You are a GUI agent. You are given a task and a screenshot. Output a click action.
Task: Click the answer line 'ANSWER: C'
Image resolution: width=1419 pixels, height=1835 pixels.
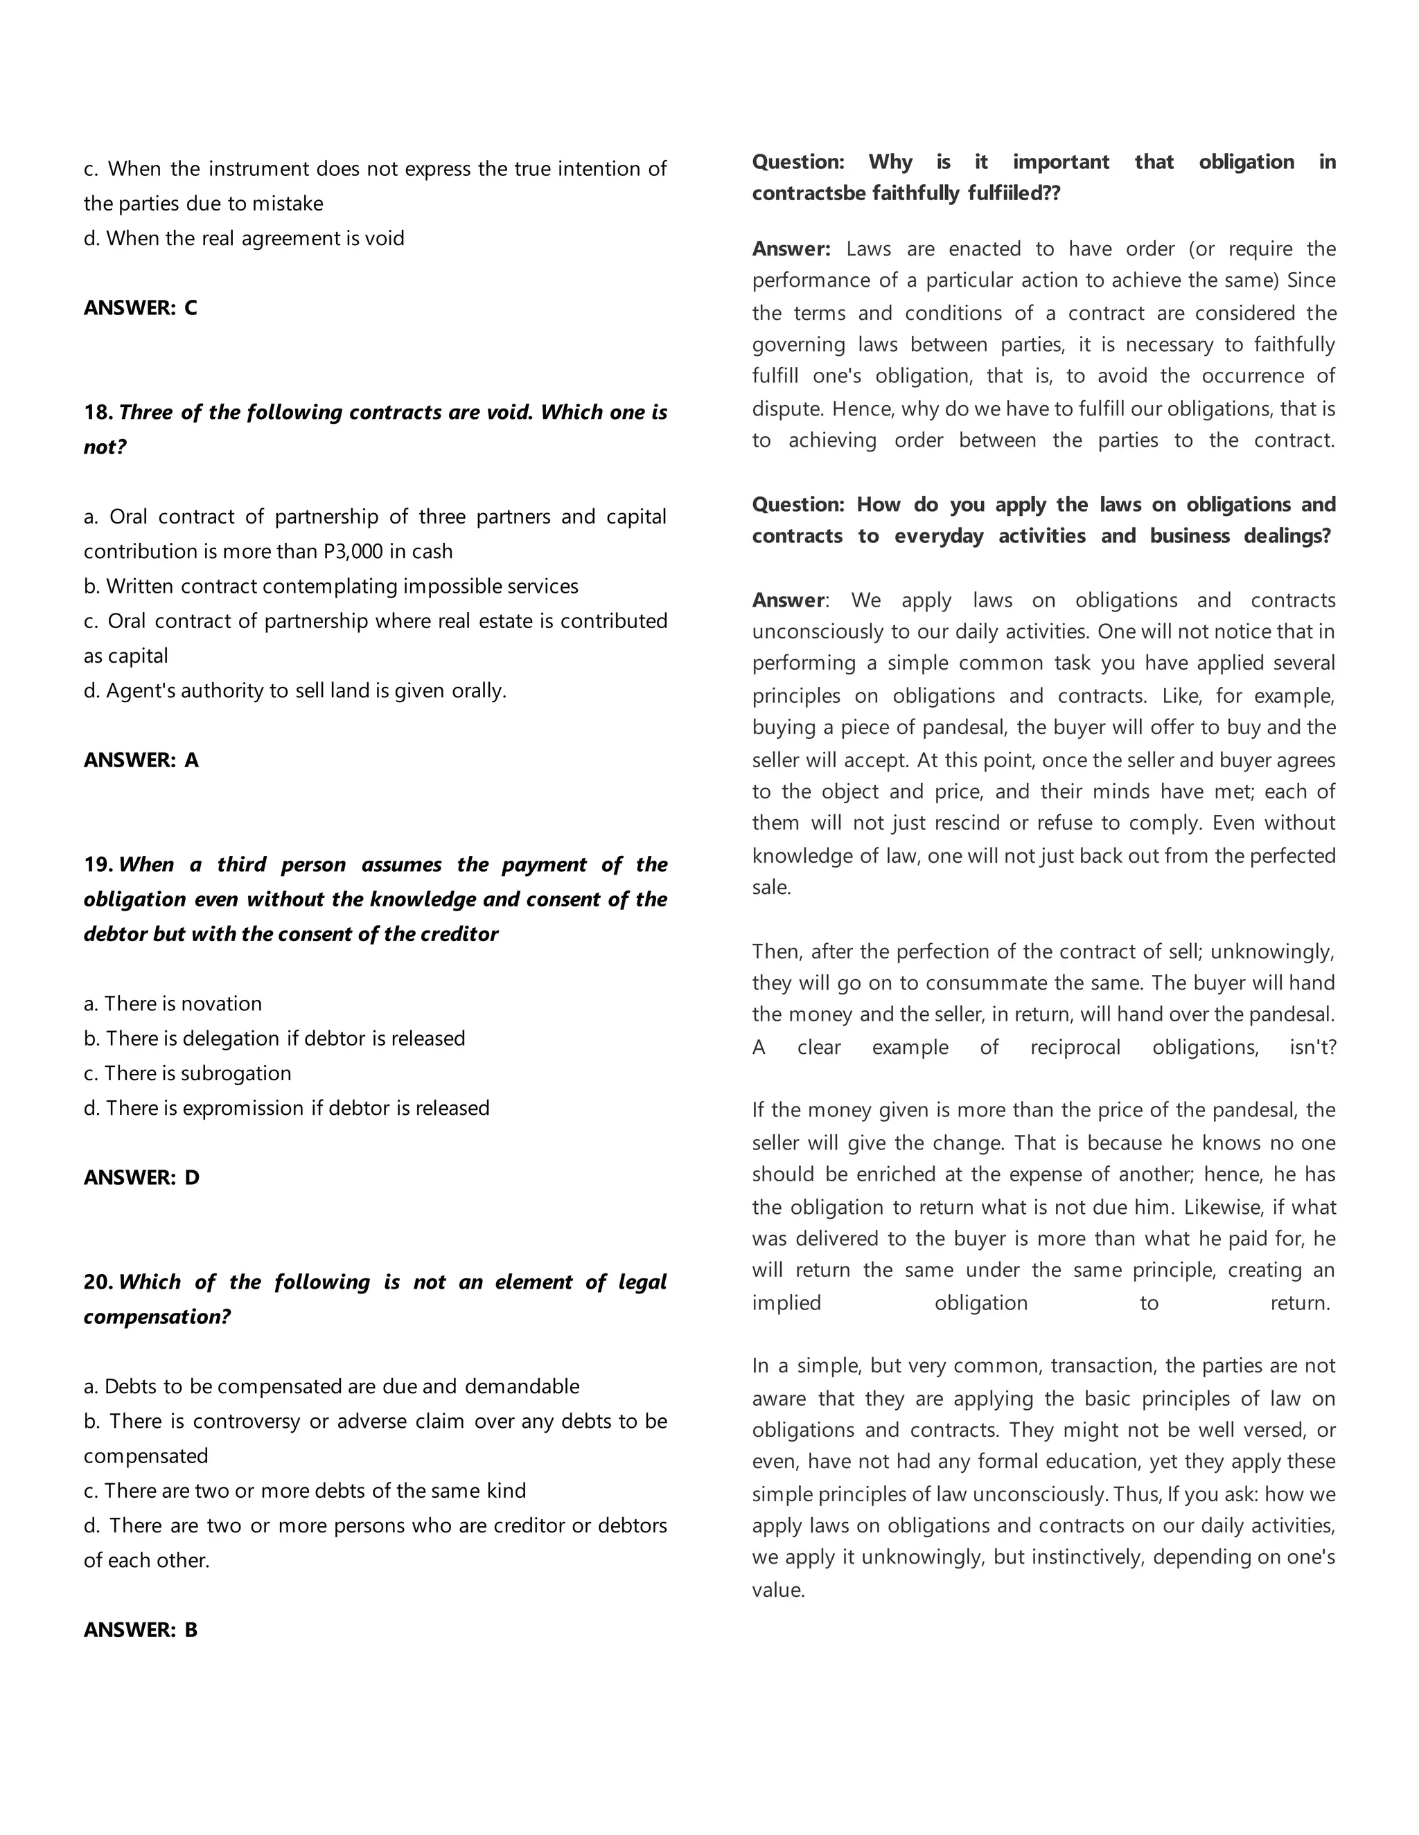pos(141,307)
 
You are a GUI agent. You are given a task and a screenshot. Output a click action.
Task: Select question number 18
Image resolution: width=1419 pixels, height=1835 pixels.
pos(98,412)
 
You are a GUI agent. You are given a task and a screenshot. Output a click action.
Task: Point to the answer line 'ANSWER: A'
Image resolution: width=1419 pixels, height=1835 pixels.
pos(141,760)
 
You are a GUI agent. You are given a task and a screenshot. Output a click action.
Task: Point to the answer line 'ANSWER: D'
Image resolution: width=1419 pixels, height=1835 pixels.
pos(141,1177)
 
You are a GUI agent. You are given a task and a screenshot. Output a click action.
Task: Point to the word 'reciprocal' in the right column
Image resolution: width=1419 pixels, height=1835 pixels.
pos(1075,1047)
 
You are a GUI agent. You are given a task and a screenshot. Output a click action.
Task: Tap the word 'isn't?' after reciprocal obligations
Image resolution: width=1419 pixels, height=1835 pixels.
pos(1312,1047)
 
